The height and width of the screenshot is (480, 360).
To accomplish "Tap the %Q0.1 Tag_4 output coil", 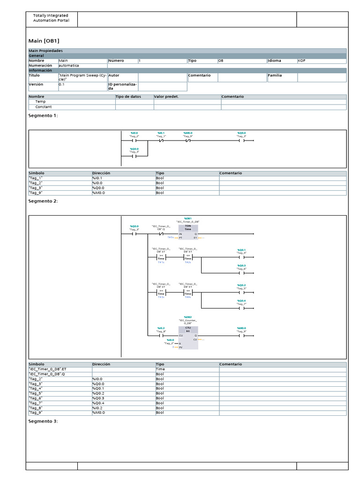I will pyautogui.click(x=242, y=257).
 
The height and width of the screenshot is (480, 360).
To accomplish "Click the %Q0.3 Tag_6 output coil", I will pyautogui.click(x=242, y=273).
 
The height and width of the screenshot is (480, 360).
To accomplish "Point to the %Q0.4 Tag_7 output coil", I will pyautogui.click(x=242, y=308).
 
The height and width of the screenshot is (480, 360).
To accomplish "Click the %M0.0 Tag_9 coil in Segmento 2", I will pyautogui.click(x=242, y=336).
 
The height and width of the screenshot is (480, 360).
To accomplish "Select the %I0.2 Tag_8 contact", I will pyautogui.click(x=161, y=336).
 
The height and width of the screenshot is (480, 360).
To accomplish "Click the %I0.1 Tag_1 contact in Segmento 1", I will pyautogui.click(x=161, y=140).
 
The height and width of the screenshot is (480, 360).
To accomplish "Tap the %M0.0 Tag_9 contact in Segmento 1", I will pyautogui.click(x=188, y=140).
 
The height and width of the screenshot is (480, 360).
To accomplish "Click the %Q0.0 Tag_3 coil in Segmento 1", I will pyautogui.click(x=242, y=140).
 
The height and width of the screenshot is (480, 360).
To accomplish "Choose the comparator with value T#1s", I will pyautogui.click(x=161, y=257).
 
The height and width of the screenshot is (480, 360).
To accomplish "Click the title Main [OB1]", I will pyautogui.click(x=44, y=41).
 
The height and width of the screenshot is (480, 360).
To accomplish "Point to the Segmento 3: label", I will pyautogui.click(x=43, y=421).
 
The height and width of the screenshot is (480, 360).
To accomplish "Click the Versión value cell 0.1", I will pyautogui.click(x=82, y=84).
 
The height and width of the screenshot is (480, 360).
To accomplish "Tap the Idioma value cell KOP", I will pyautogui.click(x=322, y=60).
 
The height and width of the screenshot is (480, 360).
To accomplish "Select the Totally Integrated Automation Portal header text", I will pyautogui.click(x=51, y=18).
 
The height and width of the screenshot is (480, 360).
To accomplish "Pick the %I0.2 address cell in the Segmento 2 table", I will pyautogui.click(x=123, y=408).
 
